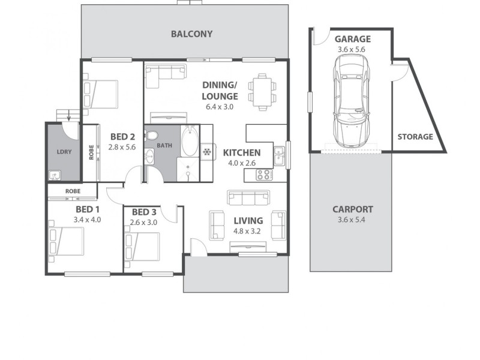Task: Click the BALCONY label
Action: tap(191, 34)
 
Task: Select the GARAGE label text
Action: tap(352, 39)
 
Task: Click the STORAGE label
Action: tap(415, 137)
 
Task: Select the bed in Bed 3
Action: tap(142, 248)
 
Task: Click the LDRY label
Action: tap(64, 152)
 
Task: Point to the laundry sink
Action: tap(55, 176)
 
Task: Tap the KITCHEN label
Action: tap(242, 153)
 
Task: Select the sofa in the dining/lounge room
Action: tap(166, 73)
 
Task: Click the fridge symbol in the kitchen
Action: tap(207, 152)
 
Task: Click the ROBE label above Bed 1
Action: tap(73, 192)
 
